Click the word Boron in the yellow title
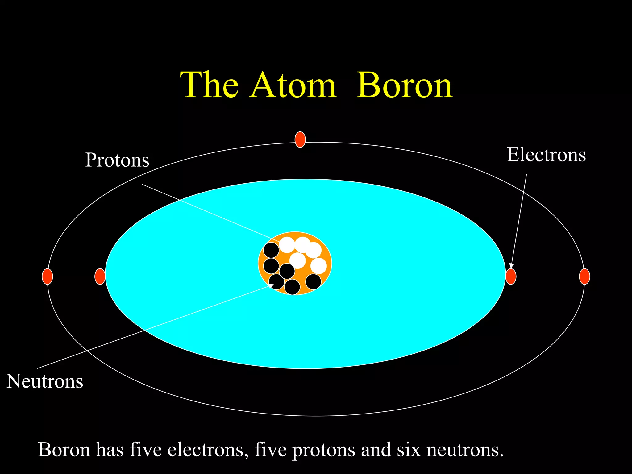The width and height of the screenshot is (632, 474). pos(404,85)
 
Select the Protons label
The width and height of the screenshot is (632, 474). pos(117,160)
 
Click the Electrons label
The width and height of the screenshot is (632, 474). pos(546,155)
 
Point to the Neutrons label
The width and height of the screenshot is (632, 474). pos(45,381)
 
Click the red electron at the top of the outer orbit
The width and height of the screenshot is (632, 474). pos(300,139)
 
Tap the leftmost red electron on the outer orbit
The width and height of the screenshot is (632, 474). pos(47,276)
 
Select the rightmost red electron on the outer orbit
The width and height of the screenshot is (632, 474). pos(584,276)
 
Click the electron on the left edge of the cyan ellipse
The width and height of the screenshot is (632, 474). pos(100,276)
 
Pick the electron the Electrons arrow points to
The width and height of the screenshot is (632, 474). pos(511,276)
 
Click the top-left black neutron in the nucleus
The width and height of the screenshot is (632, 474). pos(271,250)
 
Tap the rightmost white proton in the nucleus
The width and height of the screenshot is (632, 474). pos(318,266)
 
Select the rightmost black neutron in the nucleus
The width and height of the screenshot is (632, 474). pos(313,282)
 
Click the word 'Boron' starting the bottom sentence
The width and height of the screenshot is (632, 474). pos(64,450)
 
